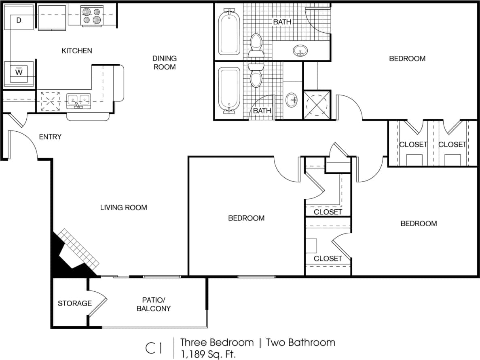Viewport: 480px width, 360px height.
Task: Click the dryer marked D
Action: click(x=19, y=20)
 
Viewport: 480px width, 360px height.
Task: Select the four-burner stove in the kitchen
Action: click(x=92, y=16)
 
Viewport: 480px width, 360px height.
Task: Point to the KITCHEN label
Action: click(x=77, y=51)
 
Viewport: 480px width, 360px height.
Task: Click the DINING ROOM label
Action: click(x=164, y=63)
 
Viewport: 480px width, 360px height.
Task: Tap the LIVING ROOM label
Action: click(x=124, y=208)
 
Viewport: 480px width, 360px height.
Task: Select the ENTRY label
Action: click(x=50, y=137)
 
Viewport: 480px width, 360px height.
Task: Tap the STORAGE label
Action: click(x=74, y=303)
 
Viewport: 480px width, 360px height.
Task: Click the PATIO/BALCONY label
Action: click(x=154, y=305)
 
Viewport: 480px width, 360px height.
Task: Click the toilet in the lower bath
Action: click(x=256, y=76)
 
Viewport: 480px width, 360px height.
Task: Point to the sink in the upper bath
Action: click(x=300, y=51)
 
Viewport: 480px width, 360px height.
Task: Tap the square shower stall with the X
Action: click(x=317, y=105)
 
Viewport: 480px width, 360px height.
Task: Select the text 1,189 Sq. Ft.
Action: click(x=208, y=354)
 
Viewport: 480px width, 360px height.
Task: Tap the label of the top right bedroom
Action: click(x=407, y=59)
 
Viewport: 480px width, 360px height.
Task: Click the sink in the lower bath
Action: click(x=291, y=99)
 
